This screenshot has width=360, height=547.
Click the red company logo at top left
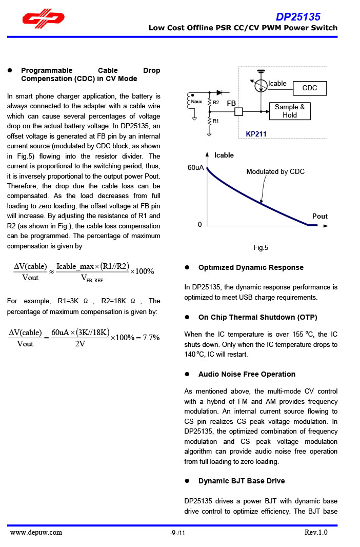43,19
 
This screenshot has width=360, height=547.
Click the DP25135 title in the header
298,17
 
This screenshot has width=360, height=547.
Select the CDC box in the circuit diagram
310,88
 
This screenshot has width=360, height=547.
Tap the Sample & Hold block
290,111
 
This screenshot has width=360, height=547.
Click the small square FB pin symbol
238,111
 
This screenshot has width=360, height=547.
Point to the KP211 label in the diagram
256,134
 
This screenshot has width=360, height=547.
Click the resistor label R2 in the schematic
216,103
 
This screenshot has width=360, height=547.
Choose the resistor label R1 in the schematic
216,121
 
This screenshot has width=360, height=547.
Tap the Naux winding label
196,102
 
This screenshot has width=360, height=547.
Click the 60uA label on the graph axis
196,168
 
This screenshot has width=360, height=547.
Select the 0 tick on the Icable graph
200,225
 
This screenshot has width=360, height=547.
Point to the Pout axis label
319,217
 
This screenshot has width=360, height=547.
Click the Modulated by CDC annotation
275,172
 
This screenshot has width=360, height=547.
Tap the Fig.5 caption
261,248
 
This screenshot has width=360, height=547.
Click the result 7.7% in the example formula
151,338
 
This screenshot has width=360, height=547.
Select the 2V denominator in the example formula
80,344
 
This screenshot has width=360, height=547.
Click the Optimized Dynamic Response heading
251,267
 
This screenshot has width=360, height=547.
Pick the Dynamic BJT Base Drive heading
242,481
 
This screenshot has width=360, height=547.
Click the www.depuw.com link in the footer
36,533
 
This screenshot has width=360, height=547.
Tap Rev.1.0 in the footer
316,533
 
